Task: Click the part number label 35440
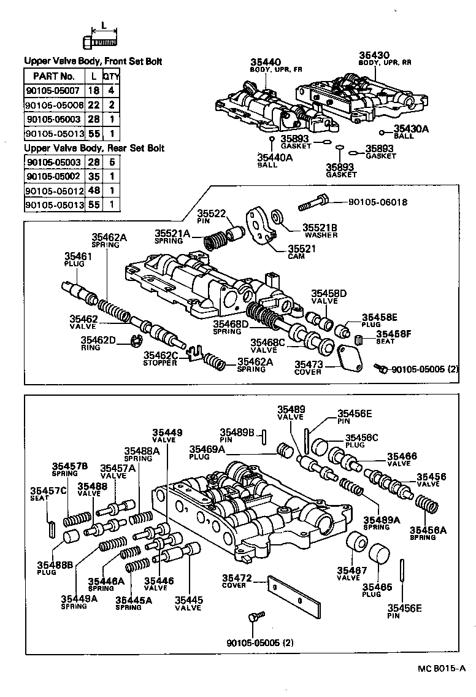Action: pos(265,63)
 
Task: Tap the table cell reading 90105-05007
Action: pos(54,90)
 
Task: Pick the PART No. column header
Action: pos(54,76)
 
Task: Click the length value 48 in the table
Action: pos(93,190)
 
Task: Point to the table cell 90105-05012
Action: pos(54,190)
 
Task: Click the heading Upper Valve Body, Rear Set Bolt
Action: pos(93,148)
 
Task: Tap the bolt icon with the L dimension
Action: pos(100,41)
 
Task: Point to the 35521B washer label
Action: pos(320,228)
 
